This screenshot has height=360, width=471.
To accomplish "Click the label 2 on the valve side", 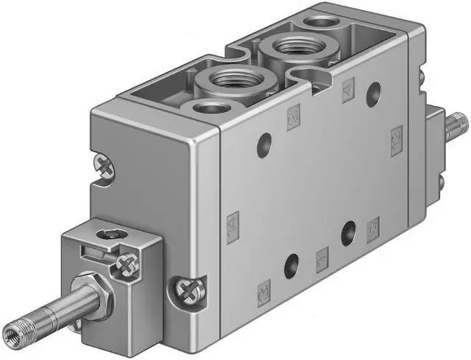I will click(x=294, y=116).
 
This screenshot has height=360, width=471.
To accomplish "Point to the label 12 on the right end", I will click(x=396, y=136).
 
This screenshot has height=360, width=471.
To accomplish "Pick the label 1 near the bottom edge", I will click(x=322, y=259).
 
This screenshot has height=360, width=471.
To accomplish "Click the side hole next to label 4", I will click(x=374, y=93).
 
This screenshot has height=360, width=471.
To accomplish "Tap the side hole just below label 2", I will click(x=263, y=146).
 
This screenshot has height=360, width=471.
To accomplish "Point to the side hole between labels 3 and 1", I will click(x=292, y=263).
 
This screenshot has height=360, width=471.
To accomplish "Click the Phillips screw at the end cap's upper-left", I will click(x=104, y=165).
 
